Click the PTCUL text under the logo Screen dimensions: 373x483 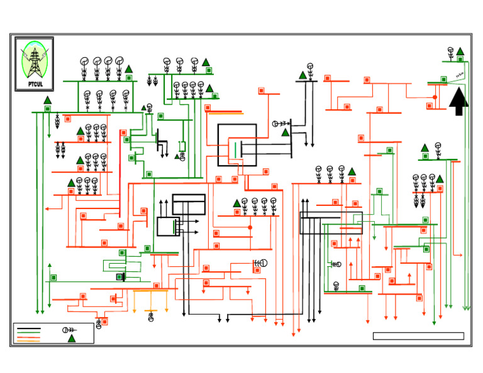pyautogui.click(x=34, y=84)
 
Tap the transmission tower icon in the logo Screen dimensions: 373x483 pyautogui.click(x=33, y=62)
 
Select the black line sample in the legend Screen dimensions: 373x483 pyautogui.click(x=29, y=328)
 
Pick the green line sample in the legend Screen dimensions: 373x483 pyautogui.click(x=29, y=333)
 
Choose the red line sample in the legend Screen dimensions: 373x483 pyautogui.click(x=29, y=337)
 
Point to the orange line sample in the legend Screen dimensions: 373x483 pyautogui.click(x=29, y=340)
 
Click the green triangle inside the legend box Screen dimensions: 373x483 pyautogui.click(x=72, y=338)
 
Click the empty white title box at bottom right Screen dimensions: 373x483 pyautogui.click(x=418, y=336)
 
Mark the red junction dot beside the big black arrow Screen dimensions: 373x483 pyautogui.click(x=435, y=97)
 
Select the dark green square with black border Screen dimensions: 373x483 pyautogui.click(x=119, y=277)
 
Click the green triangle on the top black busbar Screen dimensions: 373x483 pyautogui.click(x=303, y=75)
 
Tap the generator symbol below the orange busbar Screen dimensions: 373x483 pyautogui.click(x=150, y=318)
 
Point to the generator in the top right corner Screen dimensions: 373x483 pyautogui.click(x=450, y=51)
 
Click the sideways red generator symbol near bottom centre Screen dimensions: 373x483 pyautogui.click(x=260, y=263)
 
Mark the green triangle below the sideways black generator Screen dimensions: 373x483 pyautogui.click(x=285, y=132)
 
